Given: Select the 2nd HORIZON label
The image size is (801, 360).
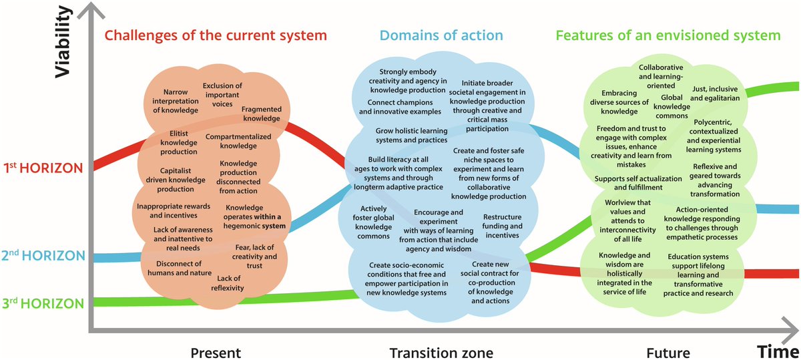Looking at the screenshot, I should point(45,255).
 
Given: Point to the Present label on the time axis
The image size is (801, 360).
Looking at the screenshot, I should point(216,352).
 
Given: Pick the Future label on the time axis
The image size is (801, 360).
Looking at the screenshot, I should point(668,352).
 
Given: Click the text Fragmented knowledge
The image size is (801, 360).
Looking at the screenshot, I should point(261,114).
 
